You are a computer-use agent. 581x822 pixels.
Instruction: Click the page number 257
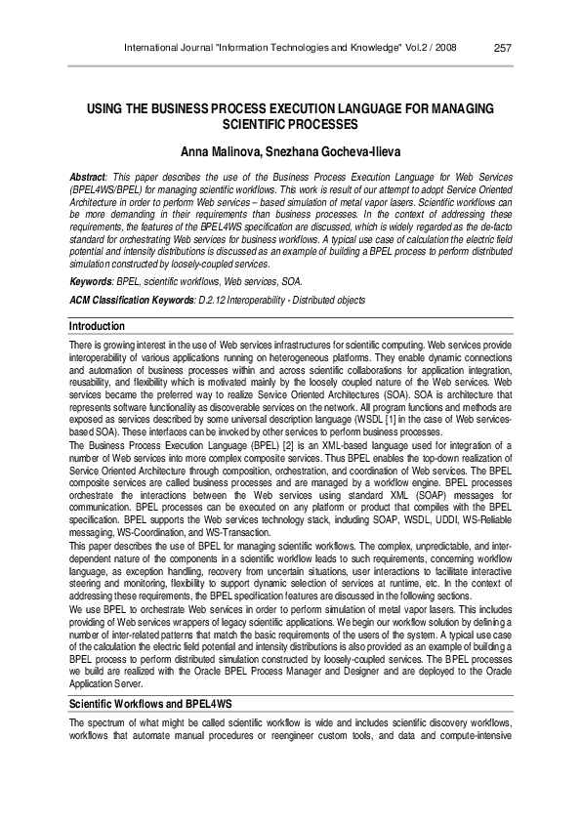pos(504,49)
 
